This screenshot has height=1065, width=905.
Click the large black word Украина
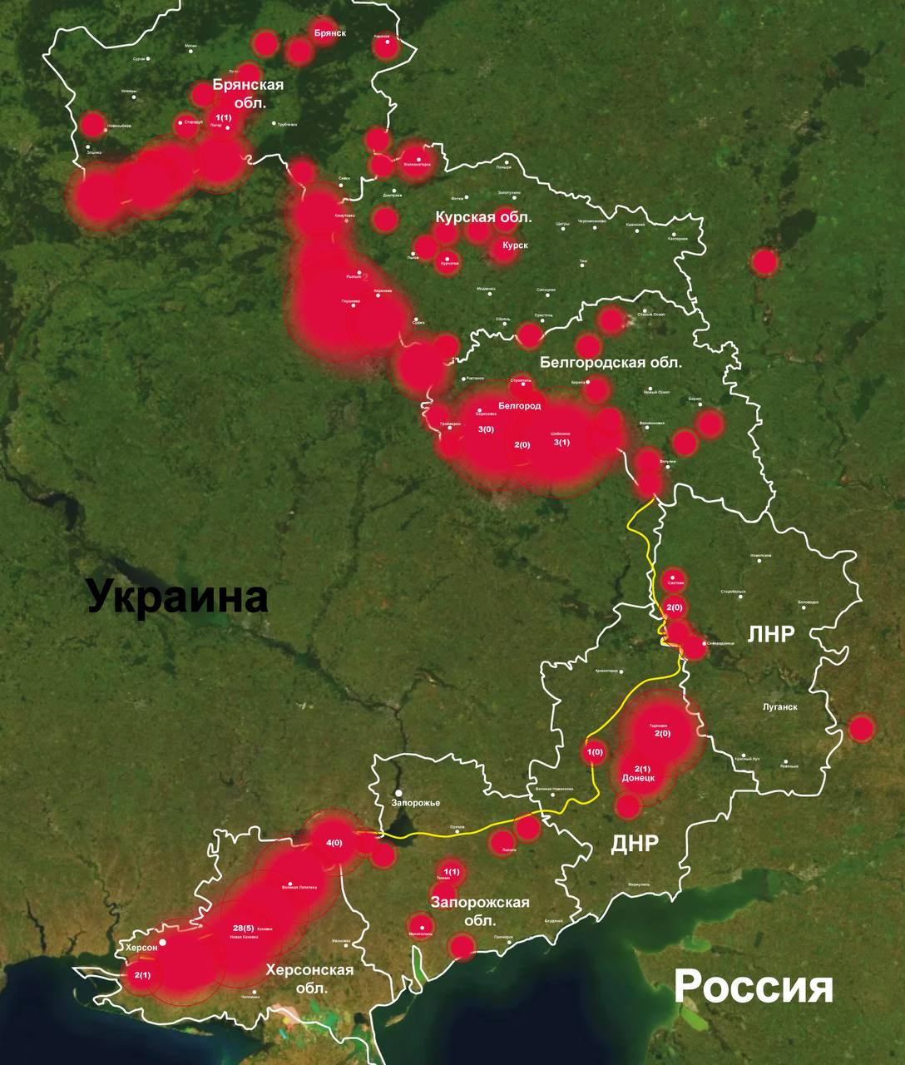coord(177,597)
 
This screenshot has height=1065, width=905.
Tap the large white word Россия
coord(753,988)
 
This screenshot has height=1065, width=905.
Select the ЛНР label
coord(771,634)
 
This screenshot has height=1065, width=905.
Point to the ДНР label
coord(635,843)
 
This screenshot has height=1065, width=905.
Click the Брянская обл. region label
coord(248,94)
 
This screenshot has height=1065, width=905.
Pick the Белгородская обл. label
coord(611,363)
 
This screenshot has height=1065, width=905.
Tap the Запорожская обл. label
coord(481,912)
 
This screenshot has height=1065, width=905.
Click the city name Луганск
coord(780,706)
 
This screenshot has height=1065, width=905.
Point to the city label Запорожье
coord(415,803)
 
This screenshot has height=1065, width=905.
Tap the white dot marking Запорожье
coord(399,793)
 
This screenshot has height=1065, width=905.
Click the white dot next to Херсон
coord(163,942)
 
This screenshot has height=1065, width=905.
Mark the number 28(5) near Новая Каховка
coord(244,928)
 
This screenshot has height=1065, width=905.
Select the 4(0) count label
coord(334,843)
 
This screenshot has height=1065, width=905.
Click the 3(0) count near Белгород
coord(486,429)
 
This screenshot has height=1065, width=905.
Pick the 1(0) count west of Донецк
coord(595,753)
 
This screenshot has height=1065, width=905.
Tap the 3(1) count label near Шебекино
coord(562,443)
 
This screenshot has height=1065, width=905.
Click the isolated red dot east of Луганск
coord(862,729)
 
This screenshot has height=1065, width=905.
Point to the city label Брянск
coord(330,33)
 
